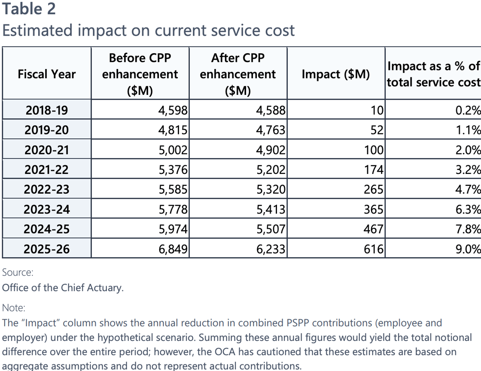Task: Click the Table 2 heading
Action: pos(29,9)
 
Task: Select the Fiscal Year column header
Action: pos(46,74)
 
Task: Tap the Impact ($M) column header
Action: pos(335,74)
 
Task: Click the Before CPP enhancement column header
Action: pos(140,74)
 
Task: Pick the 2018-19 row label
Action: pos(46,110)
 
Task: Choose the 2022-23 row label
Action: pos(46,189)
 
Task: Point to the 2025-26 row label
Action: pos(46,249)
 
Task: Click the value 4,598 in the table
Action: pos(173,110)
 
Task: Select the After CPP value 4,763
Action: pos(271,130)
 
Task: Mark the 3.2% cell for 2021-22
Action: pos(468,170)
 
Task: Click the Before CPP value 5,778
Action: pos(173,209)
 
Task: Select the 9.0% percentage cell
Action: pos(468,249)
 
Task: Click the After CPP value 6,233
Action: pos(271,249)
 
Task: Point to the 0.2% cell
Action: pos(468,110)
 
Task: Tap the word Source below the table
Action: pos(17,272)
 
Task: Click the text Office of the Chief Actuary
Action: pos(63,288)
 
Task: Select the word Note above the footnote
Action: pos(14,307)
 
